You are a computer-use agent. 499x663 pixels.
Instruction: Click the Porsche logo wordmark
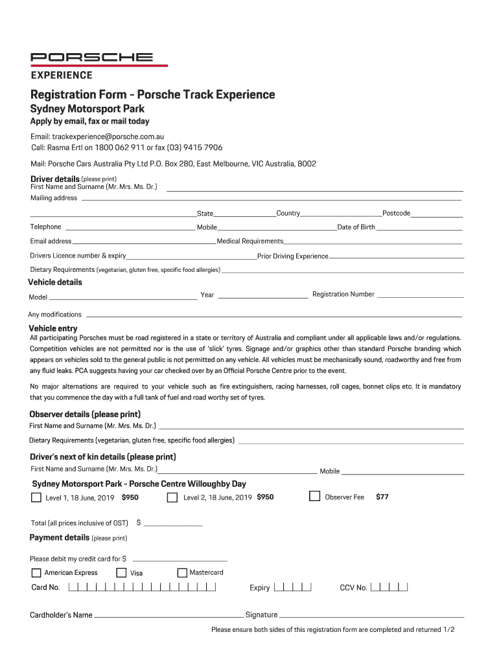click(92, 57)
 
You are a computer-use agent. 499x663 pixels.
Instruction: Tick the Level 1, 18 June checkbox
click(36, 498)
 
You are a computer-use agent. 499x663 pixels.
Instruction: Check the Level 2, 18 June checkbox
click(172, 498)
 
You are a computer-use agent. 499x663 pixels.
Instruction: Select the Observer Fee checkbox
click(314, 497)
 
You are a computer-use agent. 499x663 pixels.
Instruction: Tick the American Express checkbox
click(36, 572)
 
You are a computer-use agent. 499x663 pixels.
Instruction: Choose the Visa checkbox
click(121, 572)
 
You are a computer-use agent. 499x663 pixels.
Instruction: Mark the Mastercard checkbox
click(182, 572)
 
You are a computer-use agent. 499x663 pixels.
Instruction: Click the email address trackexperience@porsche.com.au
click(108, 137)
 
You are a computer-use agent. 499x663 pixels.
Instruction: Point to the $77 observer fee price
click(382, 497)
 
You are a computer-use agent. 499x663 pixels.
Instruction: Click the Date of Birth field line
click(419, 229)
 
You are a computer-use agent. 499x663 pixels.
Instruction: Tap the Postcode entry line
click(437, 216)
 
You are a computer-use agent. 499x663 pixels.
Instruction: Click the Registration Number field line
click(421, 296)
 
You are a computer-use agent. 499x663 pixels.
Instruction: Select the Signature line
click(371, 616)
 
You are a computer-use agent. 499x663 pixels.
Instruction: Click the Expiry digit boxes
click(293, 588)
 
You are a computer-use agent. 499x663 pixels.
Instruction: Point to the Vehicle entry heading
click(53, 328)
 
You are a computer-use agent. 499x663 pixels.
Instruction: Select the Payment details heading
click(60, 537)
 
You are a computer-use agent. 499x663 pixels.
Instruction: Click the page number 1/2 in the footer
click(449, 629)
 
